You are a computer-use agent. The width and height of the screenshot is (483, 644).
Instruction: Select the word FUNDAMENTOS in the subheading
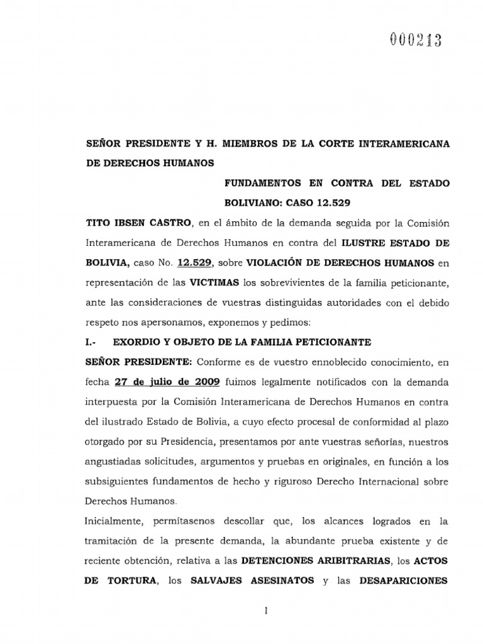pyautogui.click(x=261, y=184)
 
